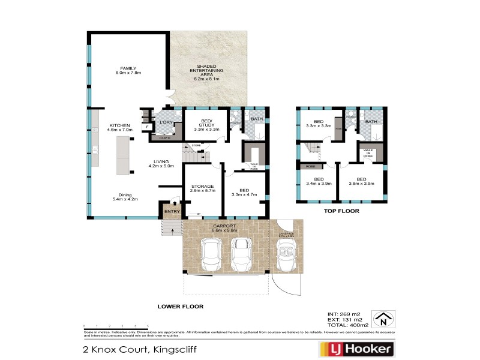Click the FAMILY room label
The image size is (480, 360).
point(128,70)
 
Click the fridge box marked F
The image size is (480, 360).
point(146,127)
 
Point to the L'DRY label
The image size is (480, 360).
point(165,122)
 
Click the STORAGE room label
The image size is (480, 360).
point(202,187)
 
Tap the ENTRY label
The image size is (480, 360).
point(172,211)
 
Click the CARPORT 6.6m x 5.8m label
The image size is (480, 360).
point(224,228)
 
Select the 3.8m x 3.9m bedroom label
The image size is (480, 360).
point(361,181)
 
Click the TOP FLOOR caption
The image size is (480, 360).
point(341,212)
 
